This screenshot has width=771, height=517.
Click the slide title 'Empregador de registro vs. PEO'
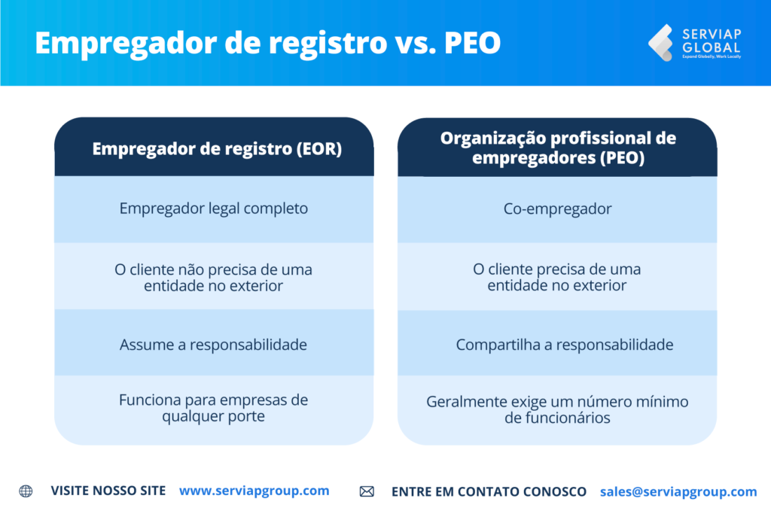point(267,43)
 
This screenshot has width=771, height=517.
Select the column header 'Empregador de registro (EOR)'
point(217,149)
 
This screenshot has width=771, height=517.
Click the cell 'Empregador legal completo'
point(214,208)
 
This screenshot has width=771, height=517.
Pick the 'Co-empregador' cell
point(557,208)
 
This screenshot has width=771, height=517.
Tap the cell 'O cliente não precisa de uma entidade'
point(214,277)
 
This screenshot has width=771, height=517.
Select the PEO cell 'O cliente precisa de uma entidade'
point(557,277)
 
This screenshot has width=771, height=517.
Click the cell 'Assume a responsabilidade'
point(214,345)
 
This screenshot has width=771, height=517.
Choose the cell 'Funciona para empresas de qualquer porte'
point(214,408)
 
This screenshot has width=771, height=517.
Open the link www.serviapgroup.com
point(254,491)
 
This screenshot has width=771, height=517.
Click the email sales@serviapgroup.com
point(678,491)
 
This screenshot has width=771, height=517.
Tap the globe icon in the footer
point(26,491)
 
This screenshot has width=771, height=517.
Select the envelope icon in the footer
point(367,491)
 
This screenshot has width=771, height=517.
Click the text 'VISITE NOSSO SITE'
point(108,491)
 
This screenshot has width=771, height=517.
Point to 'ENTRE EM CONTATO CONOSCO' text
point(489,491)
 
